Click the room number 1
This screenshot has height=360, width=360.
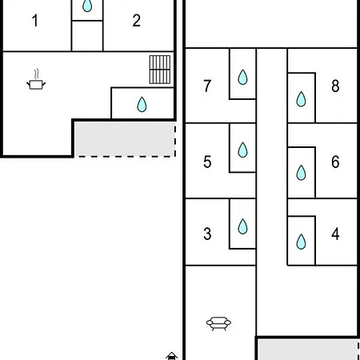[35, 21]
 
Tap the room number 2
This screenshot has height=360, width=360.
[136, 21]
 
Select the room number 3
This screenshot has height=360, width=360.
[207, 234]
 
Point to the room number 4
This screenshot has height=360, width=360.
[335, 234]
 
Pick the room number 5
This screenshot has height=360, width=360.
[207, 162]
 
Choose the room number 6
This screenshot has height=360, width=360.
[335, 162]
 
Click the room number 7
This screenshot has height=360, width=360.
[207, 86]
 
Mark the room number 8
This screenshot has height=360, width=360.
[335, 86]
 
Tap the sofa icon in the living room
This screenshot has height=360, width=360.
[218, 323]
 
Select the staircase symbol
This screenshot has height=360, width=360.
[160, 70]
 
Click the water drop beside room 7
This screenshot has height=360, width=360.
[242, 77]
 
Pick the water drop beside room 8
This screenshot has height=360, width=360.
[301, 99]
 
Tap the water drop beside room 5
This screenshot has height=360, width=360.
[242, 150]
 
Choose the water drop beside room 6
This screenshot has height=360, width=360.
[301, 173]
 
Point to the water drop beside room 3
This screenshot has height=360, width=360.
[242, 226]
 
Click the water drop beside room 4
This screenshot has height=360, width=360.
[301, 242]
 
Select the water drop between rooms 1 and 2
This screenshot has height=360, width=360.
[87, 6]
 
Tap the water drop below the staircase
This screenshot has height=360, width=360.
[142, 104]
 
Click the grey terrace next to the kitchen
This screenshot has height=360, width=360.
[125, 139]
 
